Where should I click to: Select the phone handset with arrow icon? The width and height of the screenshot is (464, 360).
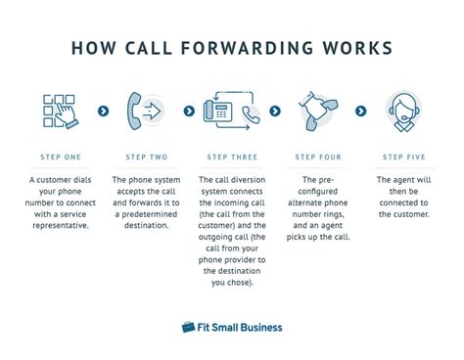[x=145, y=112]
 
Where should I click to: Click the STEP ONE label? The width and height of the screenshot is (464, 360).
[x=63, y=157]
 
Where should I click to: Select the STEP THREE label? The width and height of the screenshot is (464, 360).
[x=231, y=157]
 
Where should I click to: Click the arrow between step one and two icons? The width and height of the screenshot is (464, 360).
[x=103, y=112]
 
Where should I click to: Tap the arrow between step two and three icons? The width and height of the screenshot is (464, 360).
[x=185, y=112]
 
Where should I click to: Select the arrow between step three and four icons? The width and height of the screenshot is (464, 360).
[x=275, y=112]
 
